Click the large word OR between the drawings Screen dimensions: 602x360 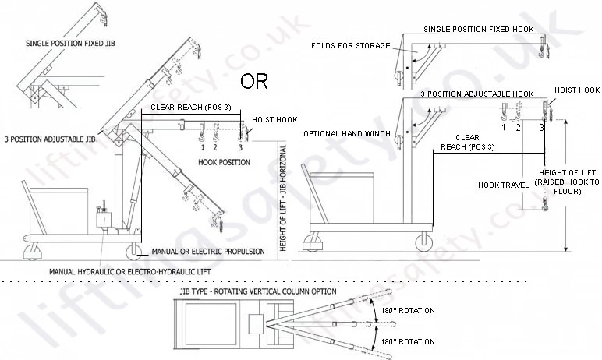coord(253,81)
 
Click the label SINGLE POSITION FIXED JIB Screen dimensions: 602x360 coord(70,44)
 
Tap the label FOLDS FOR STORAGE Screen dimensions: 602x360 coord(351,46)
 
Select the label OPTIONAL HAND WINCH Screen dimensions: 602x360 coord(347,133)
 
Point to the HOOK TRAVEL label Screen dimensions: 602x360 coord(503,185)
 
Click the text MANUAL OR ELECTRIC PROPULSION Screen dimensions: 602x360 coord(208,252)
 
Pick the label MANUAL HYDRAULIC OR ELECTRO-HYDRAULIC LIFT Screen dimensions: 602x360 coord(130,272)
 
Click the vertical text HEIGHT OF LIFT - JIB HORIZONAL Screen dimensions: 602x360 coord(283,198)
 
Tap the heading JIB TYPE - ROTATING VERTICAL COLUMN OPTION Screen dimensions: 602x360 coord(258,291)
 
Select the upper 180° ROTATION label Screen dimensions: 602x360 coord(408,310)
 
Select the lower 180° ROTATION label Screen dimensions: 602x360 coord(408,341)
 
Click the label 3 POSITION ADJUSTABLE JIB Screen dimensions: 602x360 coord(50,139)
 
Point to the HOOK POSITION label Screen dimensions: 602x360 coord(224,162)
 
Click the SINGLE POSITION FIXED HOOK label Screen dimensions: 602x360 coord(478,29)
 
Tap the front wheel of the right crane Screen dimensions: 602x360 coord(424,242)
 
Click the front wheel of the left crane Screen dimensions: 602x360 coord(133,252)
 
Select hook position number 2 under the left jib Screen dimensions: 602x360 coord(215,147)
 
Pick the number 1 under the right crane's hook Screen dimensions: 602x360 coord(504,127)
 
